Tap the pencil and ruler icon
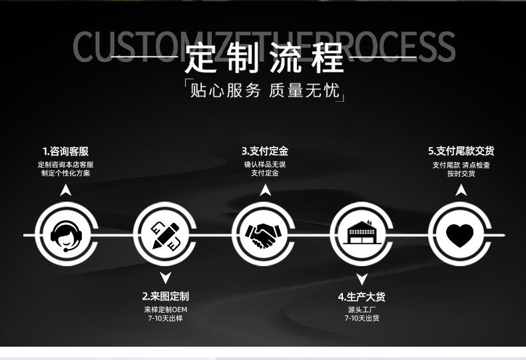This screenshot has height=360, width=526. coord(165,234)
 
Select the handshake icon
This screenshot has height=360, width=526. coord(264,234)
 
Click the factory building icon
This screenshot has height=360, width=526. coord(362,234)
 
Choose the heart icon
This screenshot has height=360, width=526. coord(459,234)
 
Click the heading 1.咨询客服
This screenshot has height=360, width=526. coord(65,151)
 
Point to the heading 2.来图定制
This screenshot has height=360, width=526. coord(165,296)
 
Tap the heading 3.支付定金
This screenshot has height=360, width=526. coord(264,151)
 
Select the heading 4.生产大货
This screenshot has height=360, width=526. coord(362,296)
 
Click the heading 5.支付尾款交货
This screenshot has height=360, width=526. coord(461,151)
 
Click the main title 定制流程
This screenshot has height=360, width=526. coord(264,57)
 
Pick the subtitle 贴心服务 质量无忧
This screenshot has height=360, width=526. coord(264,90)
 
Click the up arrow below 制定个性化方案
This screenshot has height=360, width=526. coord(65,191)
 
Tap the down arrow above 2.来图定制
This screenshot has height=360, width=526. coord(165,277)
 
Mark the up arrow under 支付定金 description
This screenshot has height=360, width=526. coord(265,191)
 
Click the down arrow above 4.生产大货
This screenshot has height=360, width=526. coord(362,278)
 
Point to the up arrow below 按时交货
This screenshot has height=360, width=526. coord(461,191)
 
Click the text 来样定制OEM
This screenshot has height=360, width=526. coord(165,309)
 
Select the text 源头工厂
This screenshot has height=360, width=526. coord(362,309)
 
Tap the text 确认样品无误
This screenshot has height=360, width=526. coord(264,164)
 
